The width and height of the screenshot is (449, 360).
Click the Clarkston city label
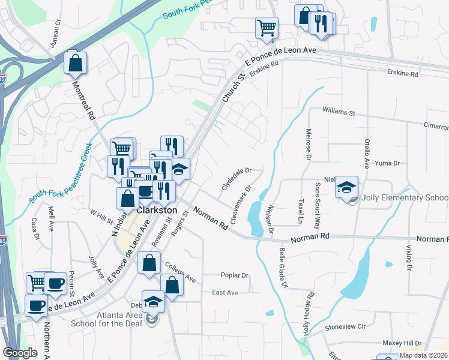click(157, 211)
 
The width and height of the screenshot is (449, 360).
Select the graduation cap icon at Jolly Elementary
click(346, 188)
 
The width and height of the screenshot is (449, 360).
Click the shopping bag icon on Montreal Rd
click(76, 63)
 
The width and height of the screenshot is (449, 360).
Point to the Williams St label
click(339, 112)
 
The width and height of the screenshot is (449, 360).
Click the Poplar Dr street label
click(234, 275)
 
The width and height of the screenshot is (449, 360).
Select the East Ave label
click(225, 292)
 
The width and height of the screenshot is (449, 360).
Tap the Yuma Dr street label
click(387, 163)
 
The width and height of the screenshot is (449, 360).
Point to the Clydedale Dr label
click(235, 178)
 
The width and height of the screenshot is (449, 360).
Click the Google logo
click(20, 353)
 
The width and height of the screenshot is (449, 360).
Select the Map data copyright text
click(424, 355)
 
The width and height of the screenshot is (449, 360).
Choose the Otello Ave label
click(366, 152)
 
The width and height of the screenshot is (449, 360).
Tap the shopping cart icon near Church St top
click(266, 28)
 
